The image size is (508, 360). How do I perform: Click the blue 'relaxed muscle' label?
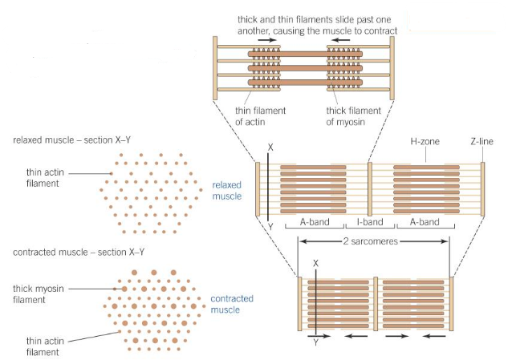coord(227,190)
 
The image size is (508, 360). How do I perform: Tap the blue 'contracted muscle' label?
coord(231,304)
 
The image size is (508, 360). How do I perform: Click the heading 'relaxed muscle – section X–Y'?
coord(71,140)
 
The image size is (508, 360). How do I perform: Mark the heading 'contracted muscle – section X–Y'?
coord(77,253)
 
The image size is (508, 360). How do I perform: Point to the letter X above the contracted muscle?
coord(316,263)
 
